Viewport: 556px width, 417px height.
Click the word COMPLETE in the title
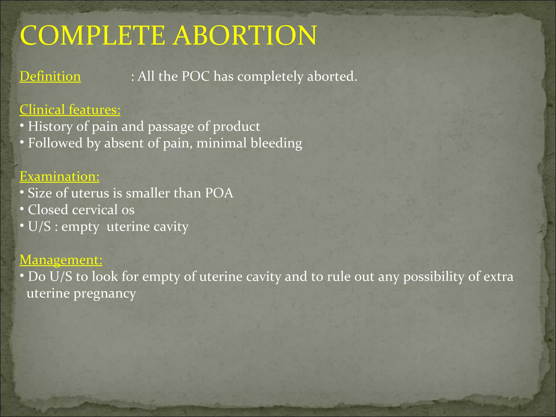pos(92,35)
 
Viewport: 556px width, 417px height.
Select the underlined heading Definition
pos(50,76)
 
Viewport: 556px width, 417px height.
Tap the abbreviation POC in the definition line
pos(195,76)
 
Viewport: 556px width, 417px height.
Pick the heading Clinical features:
pos(70,110)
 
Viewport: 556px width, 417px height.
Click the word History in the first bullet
pos(50,127)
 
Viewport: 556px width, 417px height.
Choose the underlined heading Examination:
pos(59,176)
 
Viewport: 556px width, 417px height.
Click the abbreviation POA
pos(219,193)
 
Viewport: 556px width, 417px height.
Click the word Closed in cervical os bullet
pos(48,210)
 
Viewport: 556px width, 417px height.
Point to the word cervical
pos(95,210)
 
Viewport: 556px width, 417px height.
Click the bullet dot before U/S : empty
pos(22,226)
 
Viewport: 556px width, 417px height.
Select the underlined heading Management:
pos(61,260)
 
